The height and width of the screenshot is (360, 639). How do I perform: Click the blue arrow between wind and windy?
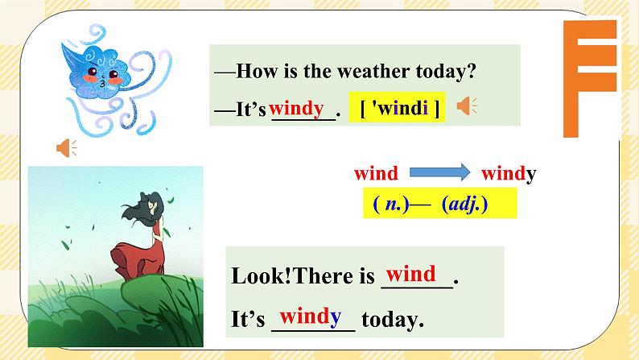click(x=439, y=172)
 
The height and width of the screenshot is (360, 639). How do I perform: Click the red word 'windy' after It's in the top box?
click(x=296, y=108)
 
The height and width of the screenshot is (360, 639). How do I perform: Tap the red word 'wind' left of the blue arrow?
click(x=376, y=173)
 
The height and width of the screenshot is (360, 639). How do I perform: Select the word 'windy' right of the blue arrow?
click(x=509, y=173)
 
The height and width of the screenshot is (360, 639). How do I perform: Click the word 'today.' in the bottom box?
click(x=393, y=320)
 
